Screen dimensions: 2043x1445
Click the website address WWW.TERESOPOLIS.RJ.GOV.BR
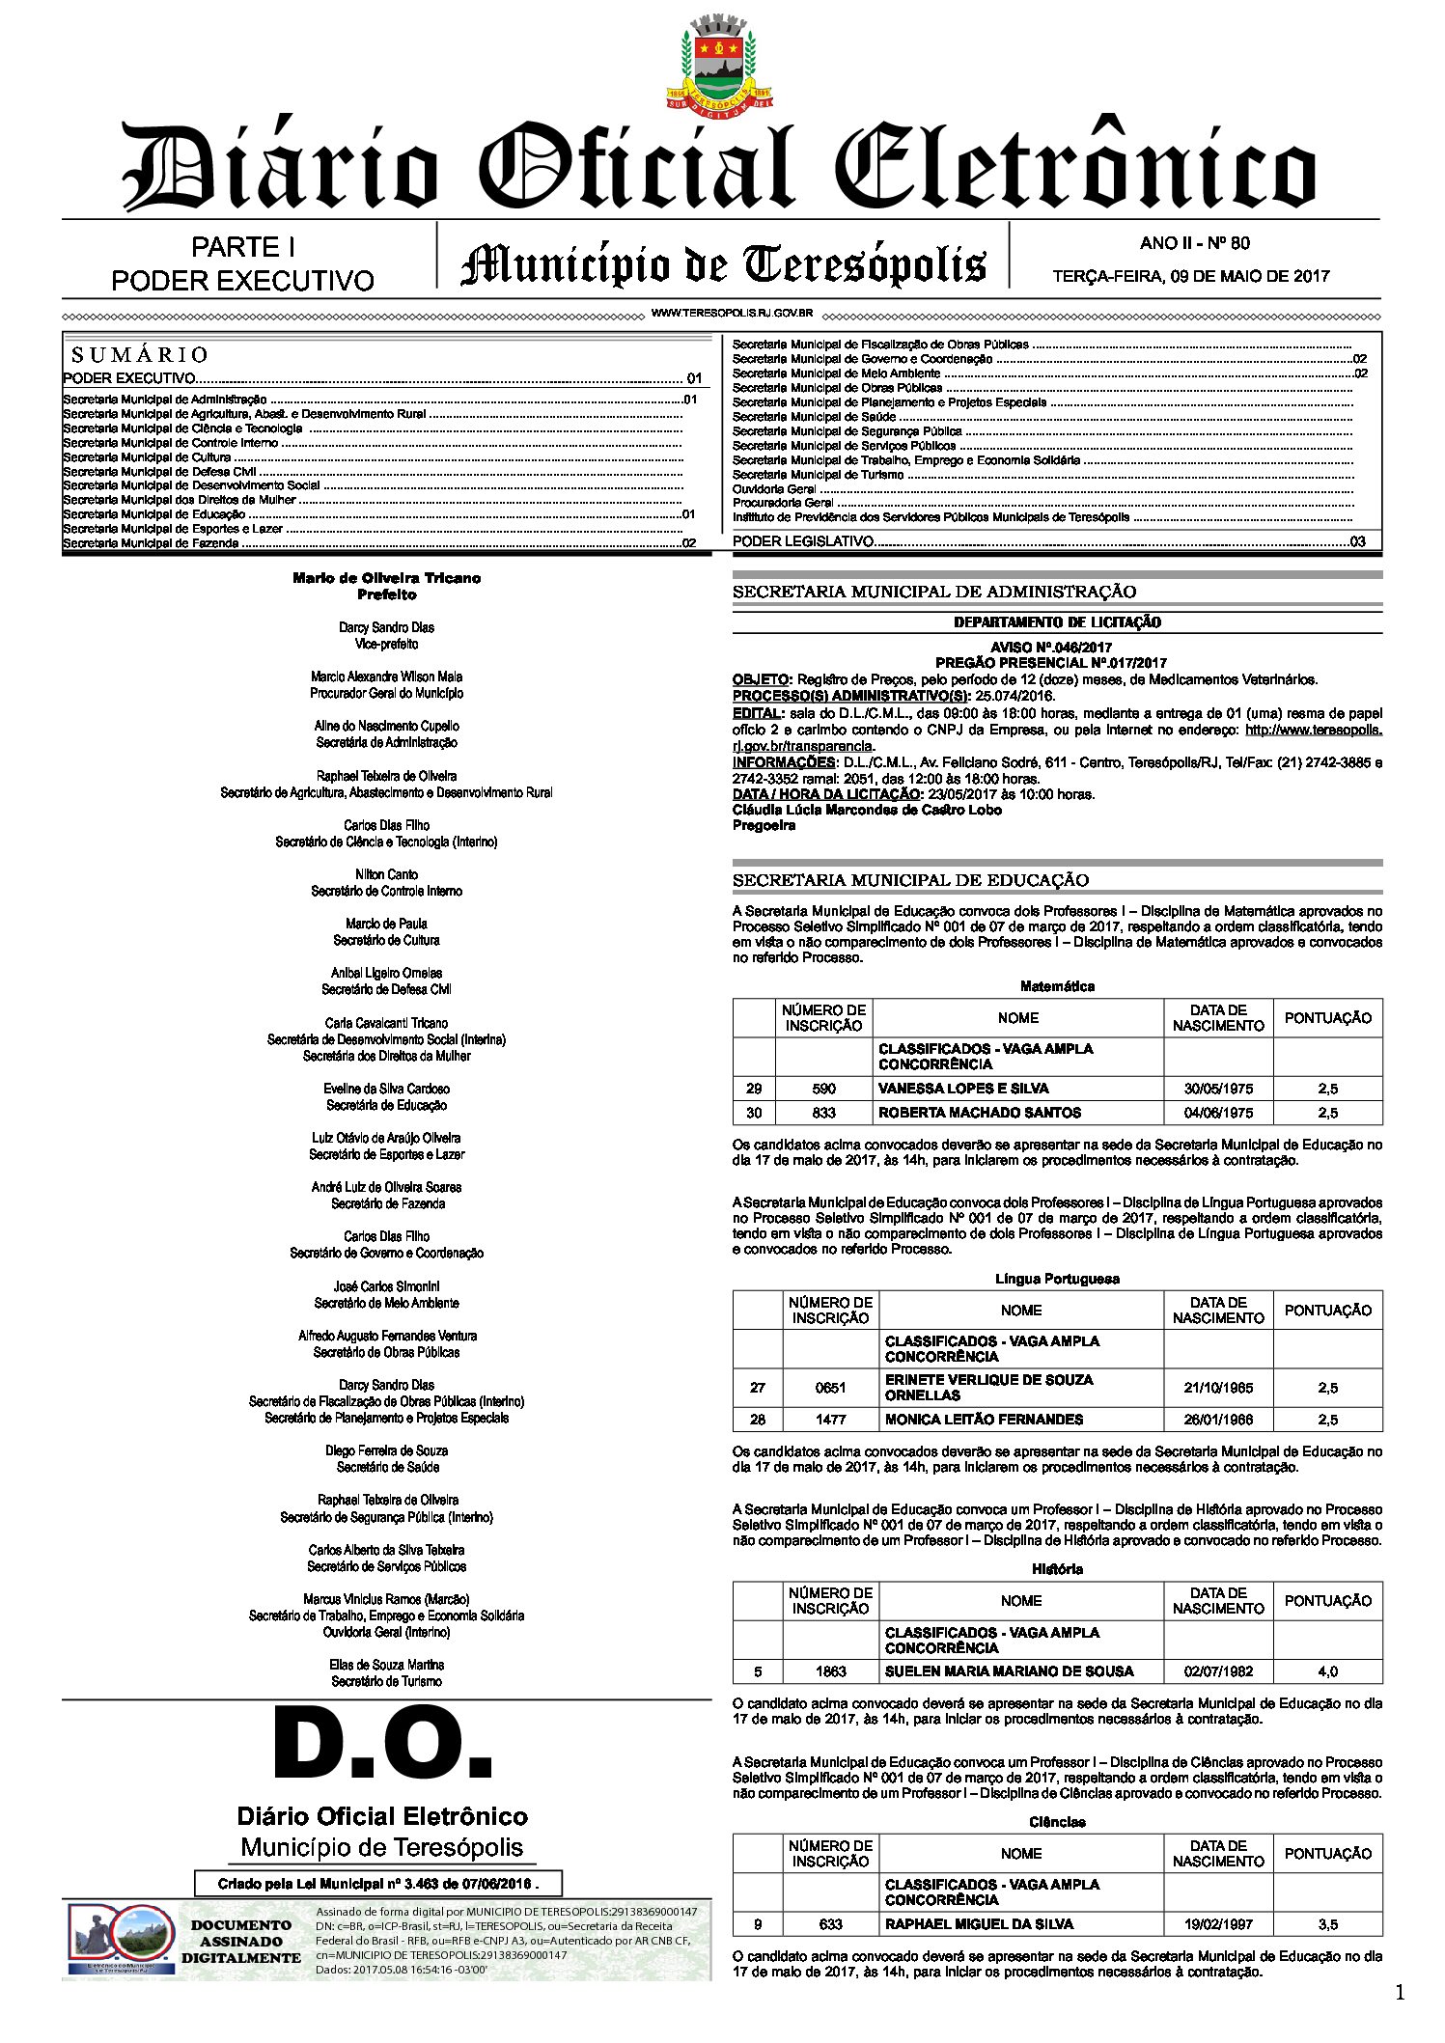pos(732,314)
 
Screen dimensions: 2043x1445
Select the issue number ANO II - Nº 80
pos(1194,243)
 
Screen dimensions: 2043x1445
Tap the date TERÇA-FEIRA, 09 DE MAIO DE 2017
pos(1190,277)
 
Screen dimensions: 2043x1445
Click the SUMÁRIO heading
pos(140,355)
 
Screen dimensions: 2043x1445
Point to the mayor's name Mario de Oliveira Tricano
pos(386,578)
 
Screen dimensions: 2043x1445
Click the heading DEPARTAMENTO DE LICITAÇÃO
pos(1057,622)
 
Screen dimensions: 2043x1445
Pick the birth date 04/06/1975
pos(1218,1113)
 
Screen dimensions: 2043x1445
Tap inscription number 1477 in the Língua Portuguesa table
pos(830,1420)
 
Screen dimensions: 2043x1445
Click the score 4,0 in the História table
pos(1327,1671)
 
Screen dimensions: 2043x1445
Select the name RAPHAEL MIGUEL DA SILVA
pos(979,1924)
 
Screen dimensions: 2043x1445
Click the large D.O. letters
pos(383,1745)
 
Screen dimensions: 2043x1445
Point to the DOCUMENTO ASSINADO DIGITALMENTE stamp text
pos(240,1942)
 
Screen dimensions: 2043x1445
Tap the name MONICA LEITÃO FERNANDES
pos(984,1420)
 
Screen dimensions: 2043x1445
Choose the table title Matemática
pos(1057,986)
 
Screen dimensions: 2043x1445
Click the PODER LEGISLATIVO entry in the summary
pos(803,541)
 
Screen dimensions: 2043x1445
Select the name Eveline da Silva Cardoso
pos(386,1089)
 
